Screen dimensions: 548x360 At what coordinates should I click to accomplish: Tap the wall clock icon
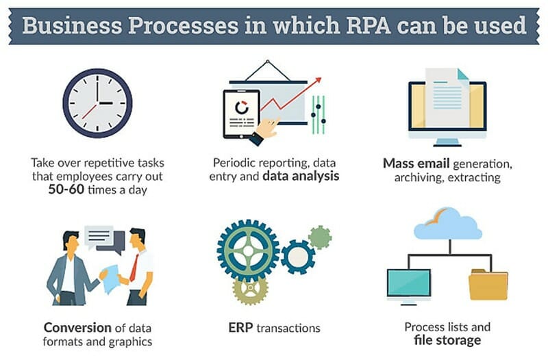coord(97,103)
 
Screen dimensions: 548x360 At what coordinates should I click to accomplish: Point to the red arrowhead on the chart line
coord(318,81)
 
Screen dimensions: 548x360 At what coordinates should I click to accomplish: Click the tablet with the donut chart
coord(242,114)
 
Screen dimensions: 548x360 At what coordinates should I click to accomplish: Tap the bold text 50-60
coord(66,190)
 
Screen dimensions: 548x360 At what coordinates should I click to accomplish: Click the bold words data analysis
coord(301,176)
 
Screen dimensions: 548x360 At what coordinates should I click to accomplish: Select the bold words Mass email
coord(416,164)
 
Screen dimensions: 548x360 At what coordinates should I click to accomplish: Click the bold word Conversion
coord(77,328)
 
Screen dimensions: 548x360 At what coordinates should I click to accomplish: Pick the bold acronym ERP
coord(240,328)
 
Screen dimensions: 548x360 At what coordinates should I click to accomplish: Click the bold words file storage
coord(447,339)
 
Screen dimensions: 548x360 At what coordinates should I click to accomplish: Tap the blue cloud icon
coord(448,224)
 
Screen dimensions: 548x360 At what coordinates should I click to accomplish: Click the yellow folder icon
coord(488,285)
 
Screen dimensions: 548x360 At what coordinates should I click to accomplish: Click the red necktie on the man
coord(134,268)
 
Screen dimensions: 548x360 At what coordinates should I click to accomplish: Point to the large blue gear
coord(248,250)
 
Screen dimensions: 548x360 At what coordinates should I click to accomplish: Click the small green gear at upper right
coord(320,237)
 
